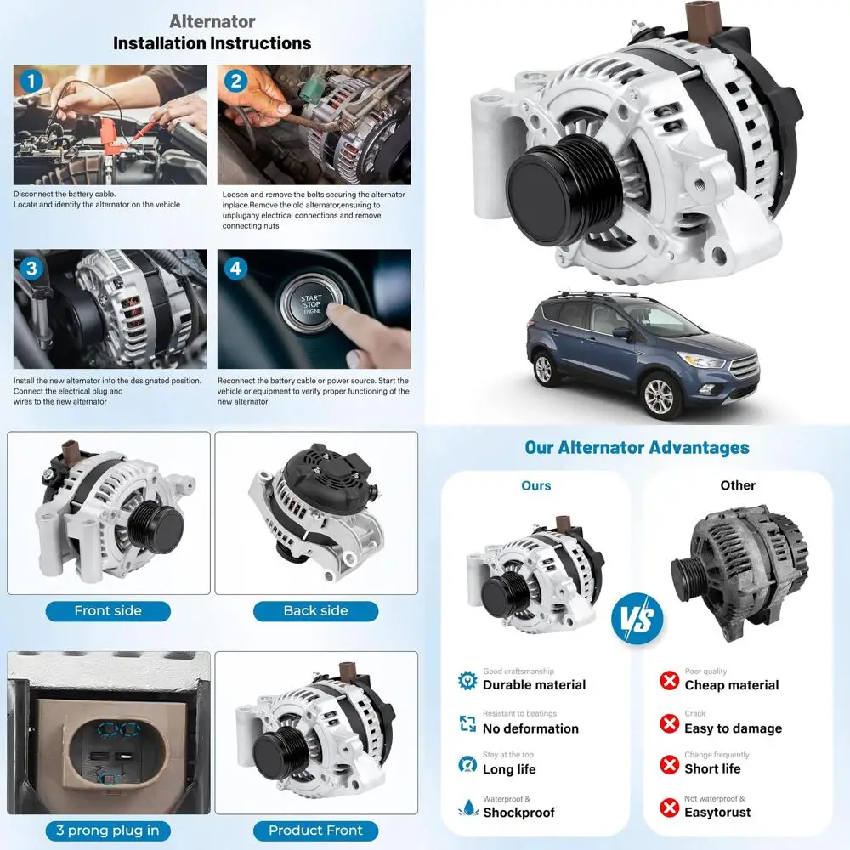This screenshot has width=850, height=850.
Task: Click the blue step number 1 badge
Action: [31, 82]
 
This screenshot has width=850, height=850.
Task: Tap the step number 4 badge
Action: [235, 269]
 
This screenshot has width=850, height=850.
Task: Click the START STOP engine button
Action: [311, 305]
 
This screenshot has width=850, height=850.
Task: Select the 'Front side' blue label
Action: [108, 611]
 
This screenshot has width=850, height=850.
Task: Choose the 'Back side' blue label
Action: [315, 611]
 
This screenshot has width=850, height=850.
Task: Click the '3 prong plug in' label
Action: [108, 830]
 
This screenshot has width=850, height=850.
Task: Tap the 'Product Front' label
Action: [315, 830]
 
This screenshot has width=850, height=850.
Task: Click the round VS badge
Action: [637, 619]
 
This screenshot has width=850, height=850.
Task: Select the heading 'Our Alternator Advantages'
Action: [637, 448]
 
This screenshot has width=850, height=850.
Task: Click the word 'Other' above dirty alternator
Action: [737, 485]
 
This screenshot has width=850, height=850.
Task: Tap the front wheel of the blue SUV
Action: [659, 394]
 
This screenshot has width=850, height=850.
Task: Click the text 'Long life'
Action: [509, 769]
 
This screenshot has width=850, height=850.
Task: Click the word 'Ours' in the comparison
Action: [535, 486]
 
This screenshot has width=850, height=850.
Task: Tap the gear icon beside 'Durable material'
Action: [467, 680]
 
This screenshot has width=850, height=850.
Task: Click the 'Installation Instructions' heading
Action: [212, 42]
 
